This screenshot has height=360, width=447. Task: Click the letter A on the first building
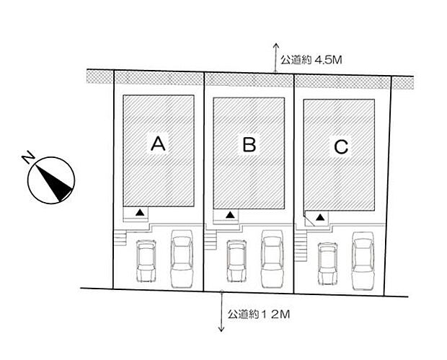tap(158, 144)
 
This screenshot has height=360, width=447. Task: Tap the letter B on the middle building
tap(249, 144)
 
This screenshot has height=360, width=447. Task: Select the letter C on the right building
tap(341, 146)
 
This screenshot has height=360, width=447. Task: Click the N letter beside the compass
tap(28, 158)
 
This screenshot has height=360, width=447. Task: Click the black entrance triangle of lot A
tap(140, 212)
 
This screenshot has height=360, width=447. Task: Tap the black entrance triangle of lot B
tap(230, 215)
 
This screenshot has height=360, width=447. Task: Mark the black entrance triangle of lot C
tap(320, 217)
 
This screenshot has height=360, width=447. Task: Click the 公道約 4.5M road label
tap(311, 60)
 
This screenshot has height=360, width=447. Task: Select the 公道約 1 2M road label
tap(259, 315)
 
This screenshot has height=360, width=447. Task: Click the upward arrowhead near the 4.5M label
tap(275, 45)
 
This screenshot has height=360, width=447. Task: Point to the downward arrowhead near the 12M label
tap(221, 329)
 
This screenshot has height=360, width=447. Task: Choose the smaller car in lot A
tap(146, 260)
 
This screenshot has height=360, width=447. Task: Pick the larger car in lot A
tap(182, 259)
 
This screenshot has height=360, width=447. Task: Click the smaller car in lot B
tap(236, 261)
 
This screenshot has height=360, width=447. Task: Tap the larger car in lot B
tap(273, 259)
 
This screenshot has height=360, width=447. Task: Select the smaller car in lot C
tap(327, 263)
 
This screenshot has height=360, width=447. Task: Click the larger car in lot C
tap(363, 261)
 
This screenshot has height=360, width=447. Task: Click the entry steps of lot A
tap(120, 237)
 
